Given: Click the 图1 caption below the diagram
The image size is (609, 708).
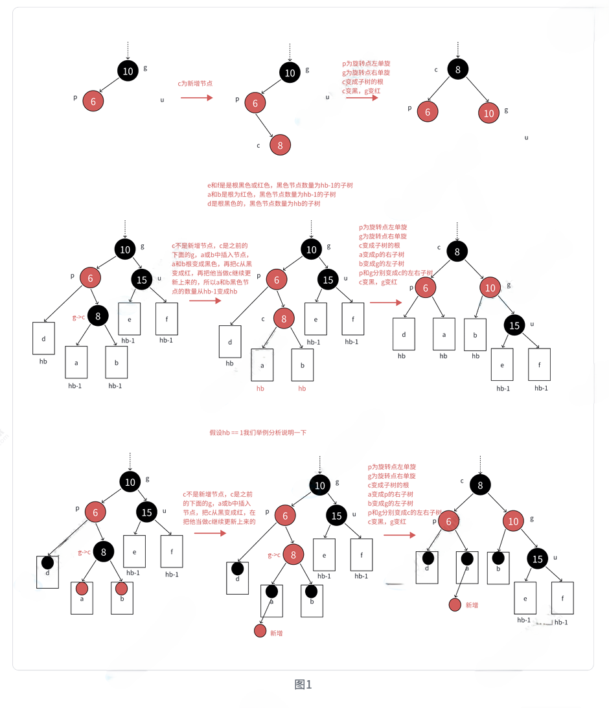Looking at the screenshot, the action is (303, 685).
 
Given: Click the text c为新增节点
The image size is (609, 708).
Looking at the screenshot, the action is (196, 84).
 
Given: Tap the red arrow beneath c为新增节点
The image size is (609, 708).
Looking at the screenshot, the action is (196, 98).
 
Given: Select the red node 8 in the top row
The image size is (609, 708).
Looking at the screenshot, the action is (280, 145).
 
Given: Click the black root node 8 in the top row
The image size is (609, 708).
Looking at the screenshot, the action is (457, 70).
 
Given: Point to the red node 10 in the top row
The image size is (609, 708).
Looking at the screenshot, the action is (488, 113).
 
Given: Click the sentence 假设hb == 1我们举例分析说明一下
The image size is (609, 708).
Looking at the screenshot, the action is (257, 432).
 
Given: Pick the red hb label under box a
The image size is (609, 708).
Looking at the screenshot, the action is (260, 389).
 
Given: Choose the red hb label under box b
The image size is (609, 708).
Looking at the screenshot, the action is (302, 389).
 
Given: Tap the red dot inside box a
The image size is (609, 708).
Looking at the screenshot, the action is (82, 589).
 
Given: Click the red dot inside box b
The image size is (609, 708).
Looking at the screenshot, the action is (121, 589).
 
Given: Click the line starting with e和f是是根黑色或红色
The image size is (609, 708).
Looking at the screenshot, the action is (279, 185).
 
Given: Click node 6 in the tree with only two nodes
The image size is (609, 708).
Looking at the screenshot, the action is (93, 102).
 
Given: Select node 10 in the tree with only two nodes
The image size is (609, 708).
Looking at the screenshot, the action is (128, 71).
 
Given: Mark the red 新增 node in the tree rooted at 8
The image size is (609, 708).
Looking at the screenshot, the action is (455, 605).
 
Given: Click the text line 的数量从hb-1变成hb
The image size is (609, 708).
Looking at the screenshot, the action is (204, 292).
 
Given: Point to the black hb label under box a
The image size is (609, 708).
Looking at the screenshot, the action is (443, 356).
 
